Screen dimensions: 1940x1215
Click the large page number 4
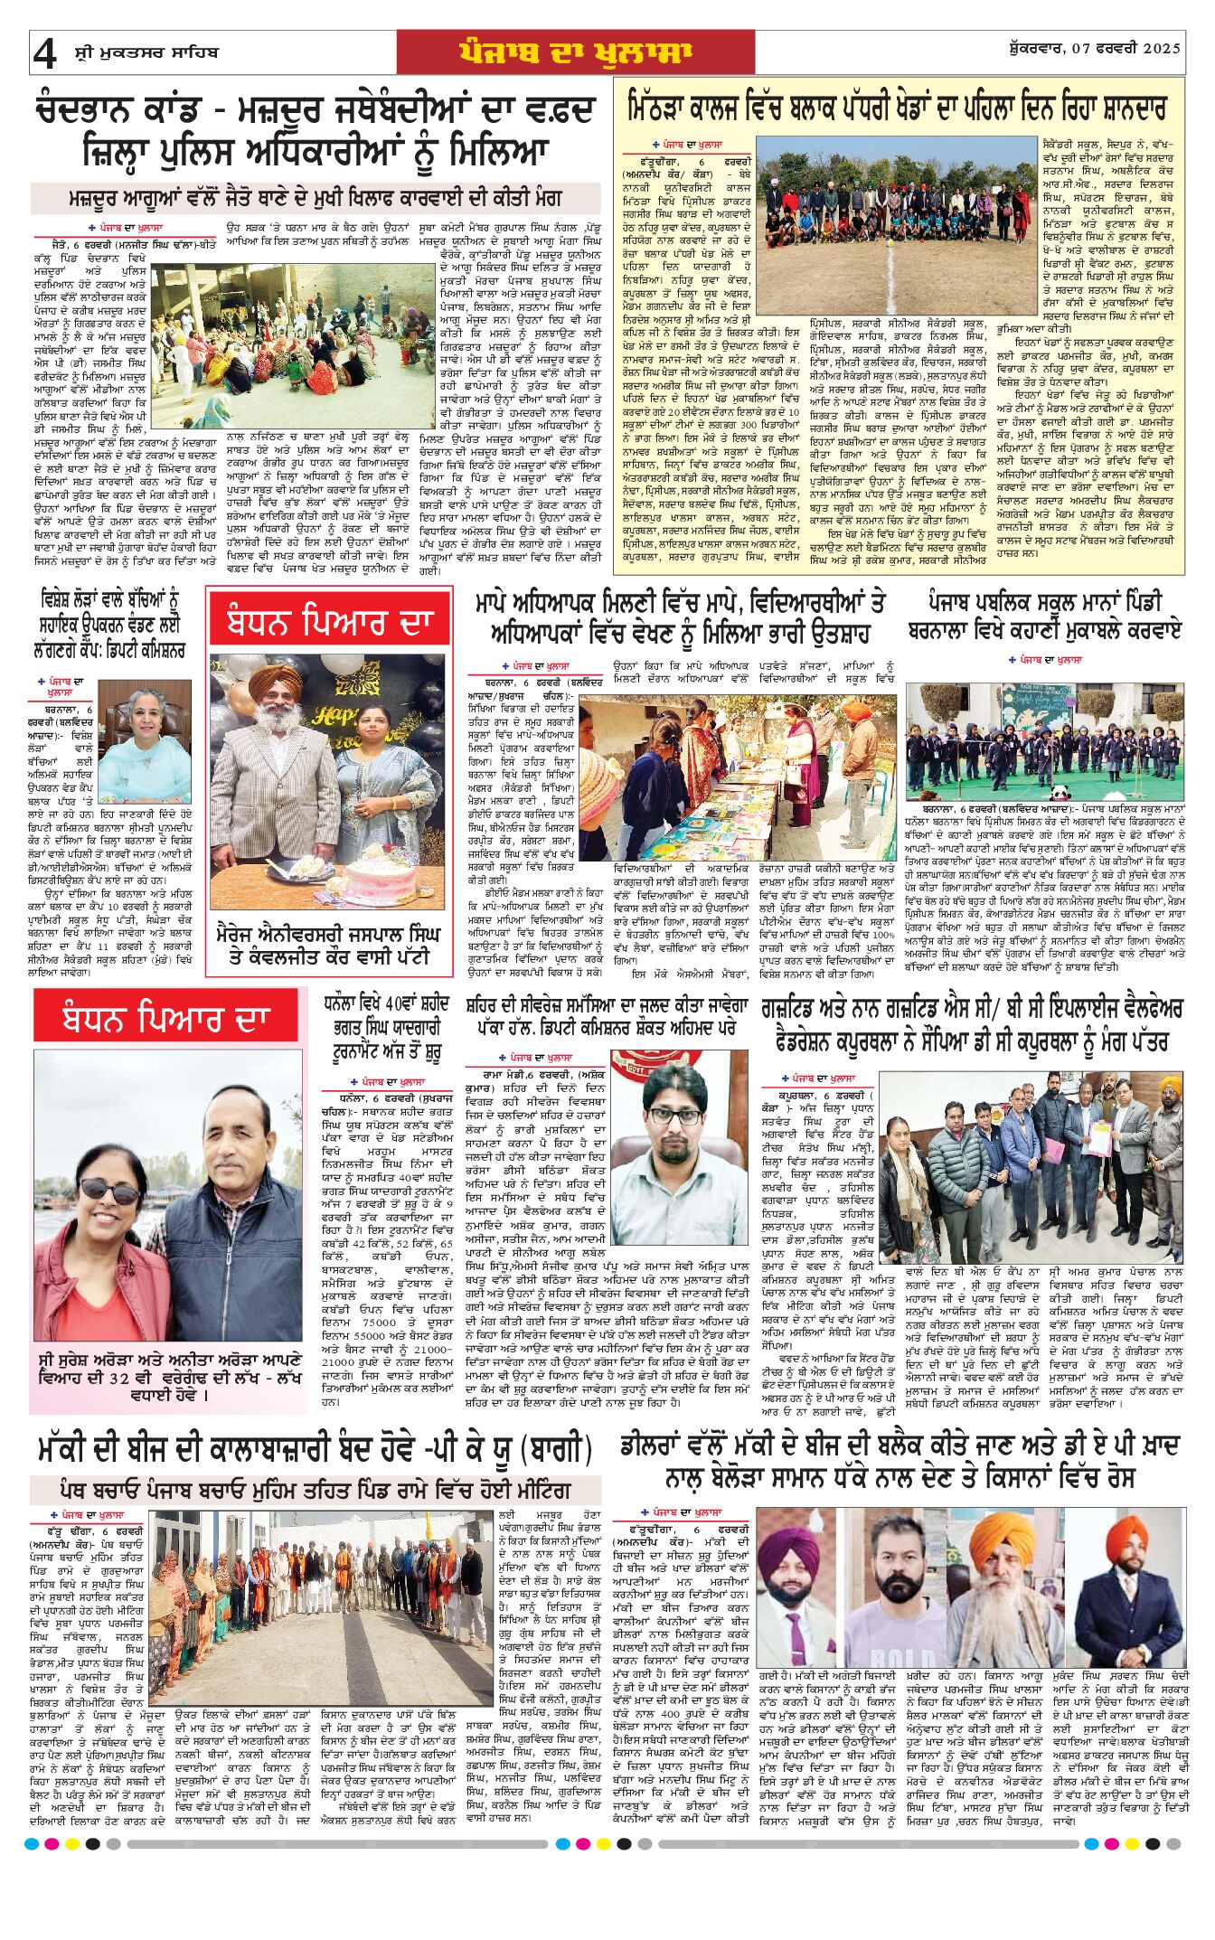coord(44,53)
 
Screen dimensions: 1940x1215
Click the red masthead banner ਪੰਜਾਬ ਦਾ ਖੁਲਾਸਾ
coord(574,53)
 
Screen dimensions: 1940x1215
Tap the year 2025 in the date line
coord(1162,49)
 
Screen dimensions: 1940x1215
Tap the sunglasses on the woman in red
coord(109,1193)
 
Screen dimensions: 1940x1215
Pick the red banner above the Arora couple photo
coord(165,1020)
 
